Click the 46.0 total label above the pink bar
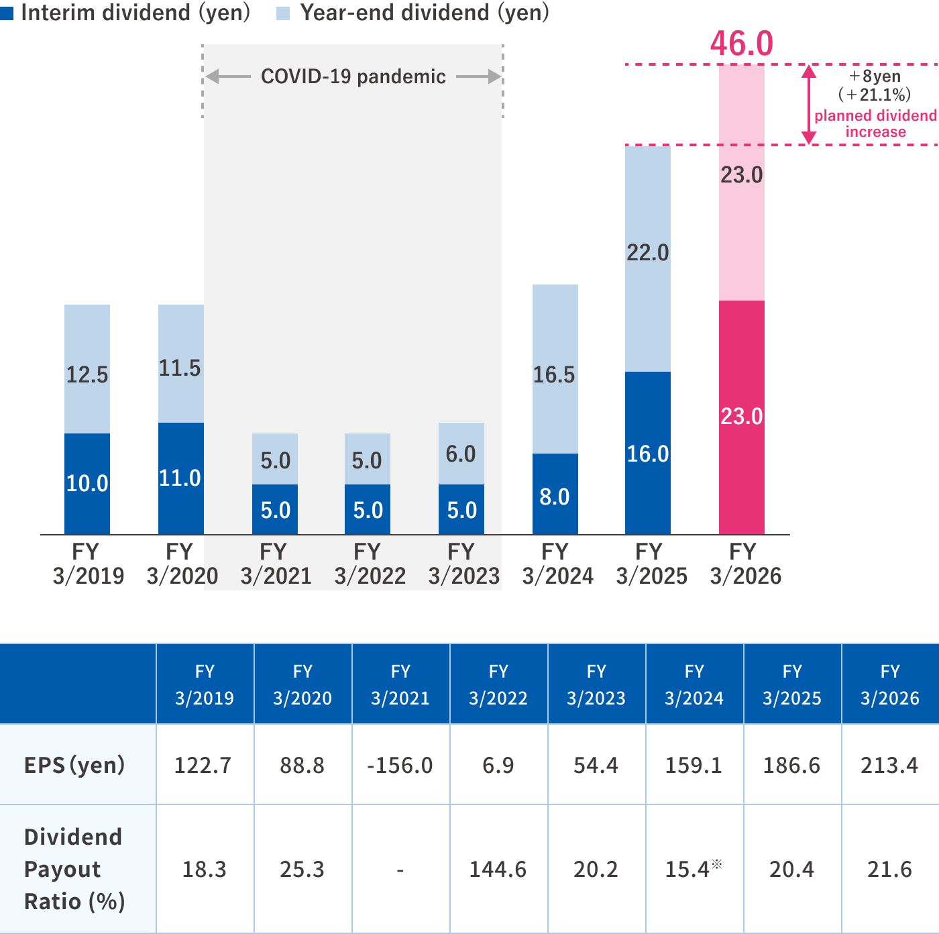click(x=741, y=44)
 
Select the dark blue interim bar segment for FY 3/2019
click(x=87, y=483)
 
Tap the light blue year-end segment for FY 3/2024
click(x=555, y=369)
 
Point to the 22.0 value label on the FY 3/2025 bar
click(x=648, y=253)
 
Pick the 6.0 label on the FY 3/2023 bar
click(x=461, y=454)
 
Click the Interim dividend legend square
click(x=7, y=13)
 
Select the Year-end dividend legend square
click(x=283, y=13)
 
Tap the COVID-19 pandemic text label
click(x=353, y=76)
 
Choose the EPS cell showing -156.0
click(x=400, y=765)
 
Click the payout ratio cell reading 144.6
click(x=498, y=870)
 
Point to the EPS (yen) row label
click(x=74, y=765)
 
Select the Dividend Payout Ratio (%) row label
click(x=74, y=869)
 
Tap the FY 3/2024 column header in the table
click(x=694, y=684)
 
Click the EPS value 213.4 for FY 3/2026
click(x=889, y=765)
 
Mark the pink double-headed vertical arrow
click(x=809, y=105)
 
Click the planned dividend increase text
click(x=875, y=123)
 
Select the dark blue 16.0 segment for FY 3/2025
click(x=648, y=454)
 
